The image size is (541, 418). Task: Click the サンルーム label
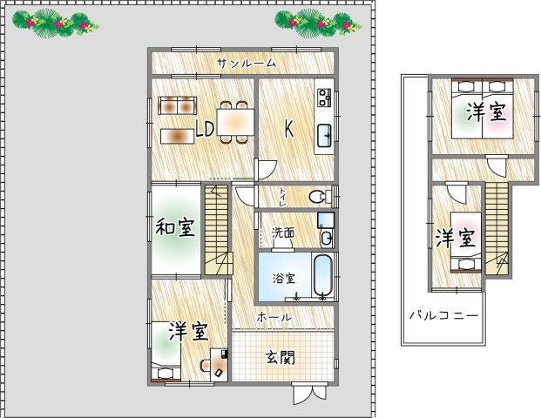pos(247,63)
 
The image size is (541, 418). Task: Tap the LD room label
pos(205,130)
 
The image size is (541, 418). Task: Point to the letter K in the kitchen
pos(287,129)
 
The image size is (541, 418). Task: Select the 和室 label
pos(175,228)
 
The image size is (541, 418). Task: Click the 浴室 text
pos(283,279)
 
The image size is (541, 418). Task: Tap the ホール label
pos(274,318)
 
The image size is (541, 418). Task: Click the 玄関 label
pos(281,357)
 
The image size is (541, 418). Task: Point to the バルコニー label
pos(443,314)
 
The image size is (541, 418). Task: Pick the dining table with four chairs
pos(235,120)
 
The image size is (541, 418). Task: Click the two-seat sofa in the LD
pos(178,105)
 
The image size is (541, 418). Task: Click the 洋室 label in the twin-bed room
pos(485,112)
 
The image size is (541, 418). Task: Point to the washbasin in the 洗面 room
pos(327,238)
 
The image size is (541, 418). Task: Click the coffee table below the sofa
pos(177,136)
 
